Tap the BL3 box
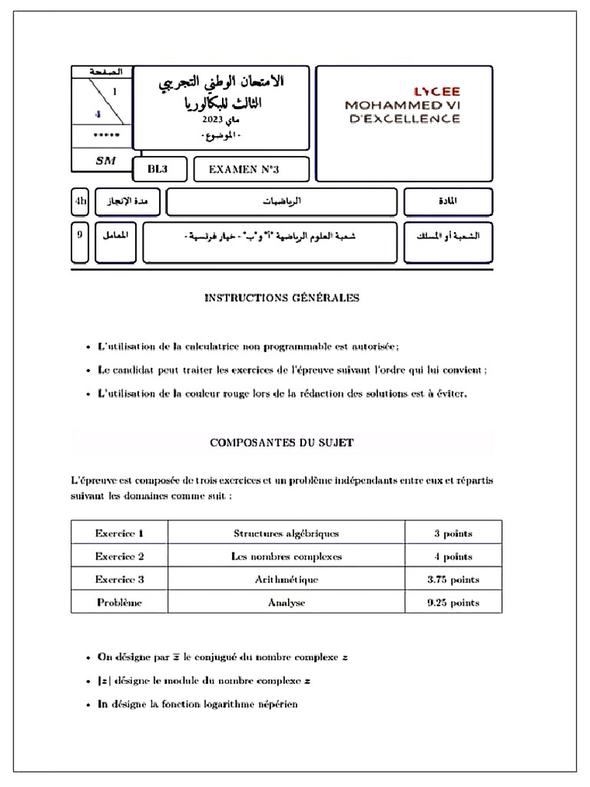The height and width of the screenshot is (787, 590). [x=157, y=169]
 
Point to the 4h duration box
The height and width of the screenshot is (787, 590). [x=80, y=201]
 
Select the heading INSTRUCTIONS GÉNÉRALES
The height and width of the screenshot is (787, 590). [x=282, y=298]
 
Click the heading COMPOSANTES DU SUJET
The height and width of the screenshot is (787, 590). [x=282, y=443]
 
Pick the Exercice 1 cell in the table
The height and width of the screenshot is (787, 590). [x=119, y=533]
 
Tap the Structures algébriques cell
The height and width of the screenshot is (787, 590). [x=286, y=533]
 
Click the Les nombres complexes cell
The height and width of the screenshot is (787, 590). [x=286, y=556]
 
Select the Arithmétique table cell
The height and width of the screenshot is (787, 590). [x=286, y=579]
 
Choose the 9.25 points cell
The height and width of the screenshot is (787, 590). [x=453, y=603]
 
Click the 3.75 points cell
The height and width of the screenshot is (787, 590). [x=453, y=579]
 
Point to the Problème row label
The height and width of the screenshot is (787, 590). [x=119, y=603]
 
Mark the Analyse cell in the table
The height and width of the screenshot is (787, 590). [x=286, y=603]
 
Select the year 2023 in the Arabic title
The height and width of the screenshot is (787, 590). [x=213, y=121]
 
